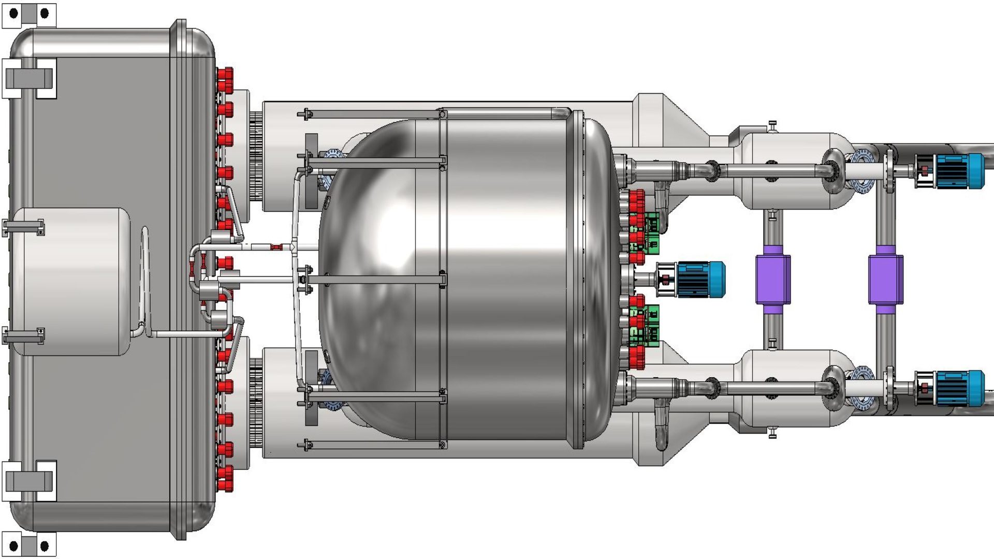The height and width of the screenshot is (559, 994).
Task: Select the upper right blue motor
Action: click(x=958, y=171)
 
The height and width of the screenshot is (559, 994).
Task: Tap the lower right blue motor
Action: click(x=958, y=388)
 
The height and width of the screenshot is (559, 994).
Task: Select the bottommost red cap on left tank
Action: click(x=225, y=486)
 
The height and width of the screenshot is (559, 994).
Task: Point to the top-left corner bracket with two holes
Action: click(x=29, y=13)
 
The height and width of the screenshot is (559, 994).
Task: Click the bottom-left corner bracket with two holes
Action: click(x=29, y=546)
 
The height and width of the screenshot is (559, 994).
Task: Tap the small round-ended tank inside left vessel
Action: click(x=72, y=282)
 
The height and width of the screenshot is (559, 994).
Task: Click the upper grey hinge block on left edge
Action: click(x=28, y=78)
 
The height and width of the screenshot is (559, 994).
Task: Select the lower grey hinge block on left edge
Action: click(x=28, y=481)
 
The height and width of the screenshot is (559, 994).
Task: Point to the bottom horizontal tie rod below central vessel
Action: click(x=373, y=445)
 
